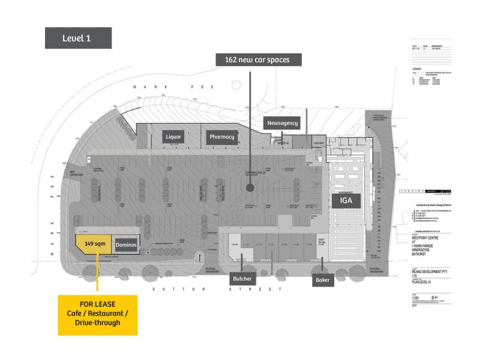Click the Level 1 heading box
point(78,38)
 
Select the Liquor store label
point(173,137)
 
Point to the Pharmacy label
point(222,137)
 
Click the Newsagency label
point(281,123)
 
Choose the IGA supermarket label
point(346,201)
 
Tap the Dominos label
point(127,245)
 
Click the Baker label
point(321,280)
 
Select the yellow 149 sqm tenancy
point(93,244)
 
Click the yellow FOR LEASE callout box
point(97,314)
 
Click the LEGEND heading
point(415,69)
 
